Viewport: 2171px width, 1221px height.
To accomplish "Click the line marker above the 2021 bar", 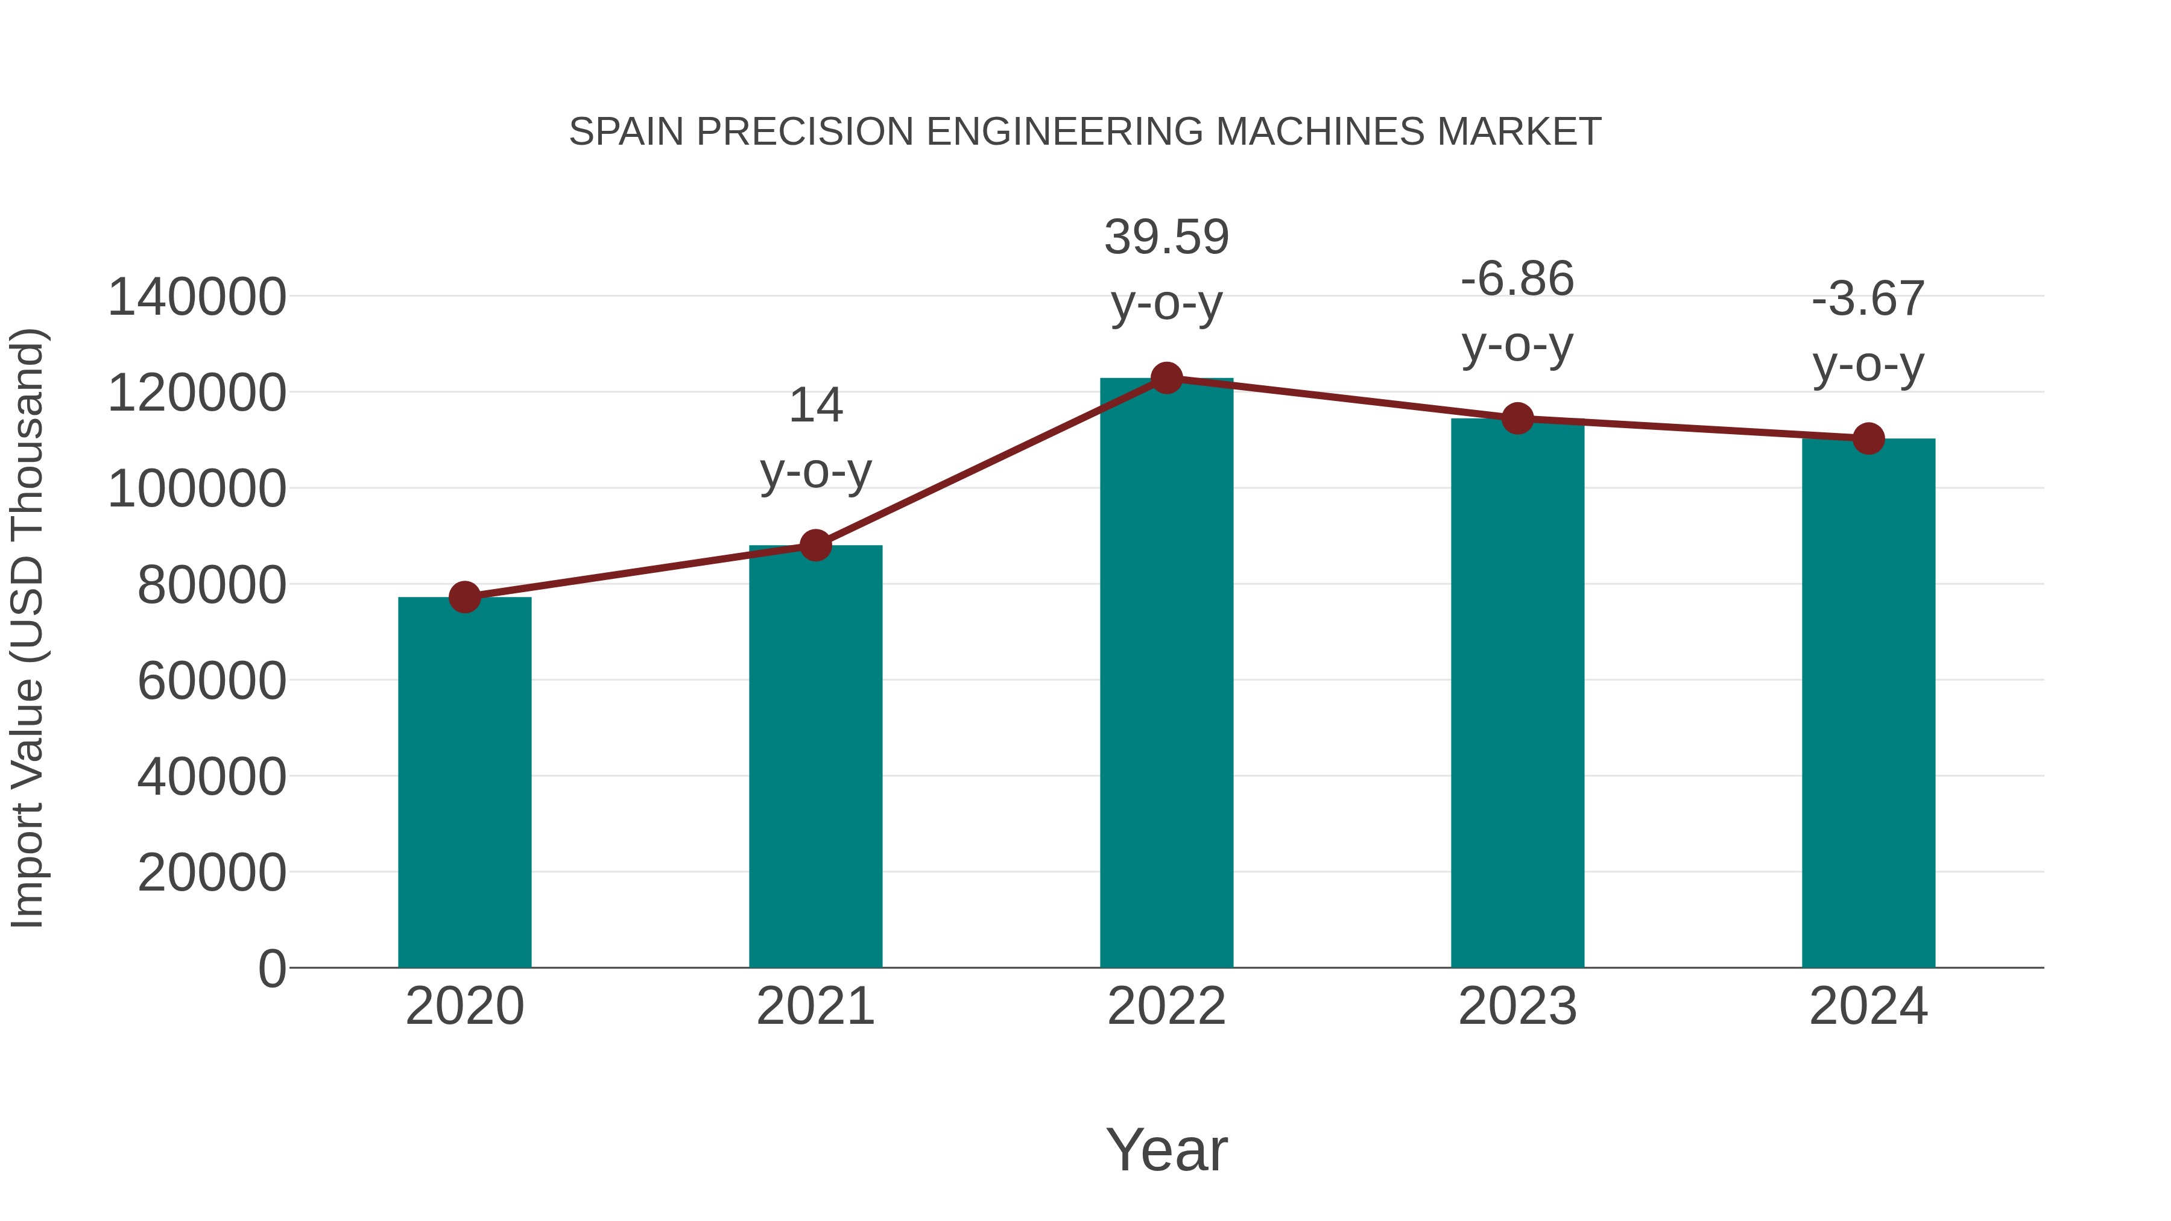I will click(815, 545).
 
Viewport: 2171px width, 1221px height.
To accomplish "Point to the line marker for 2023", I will click(1517, 418).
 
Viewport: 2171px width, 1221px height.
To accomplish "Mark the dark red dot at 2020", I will click(464, 598).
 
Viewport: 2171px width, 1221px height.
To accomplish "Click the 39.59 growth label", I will click(1166, 238).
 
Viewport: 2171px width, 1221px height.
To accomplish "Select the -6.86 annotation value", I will click(1517, 279).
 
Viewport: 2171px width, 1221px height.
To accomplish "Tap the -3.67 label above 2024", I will click(1868, 299).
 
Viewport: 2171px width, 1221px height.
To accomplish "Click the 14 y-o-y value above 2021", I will click(815, 406).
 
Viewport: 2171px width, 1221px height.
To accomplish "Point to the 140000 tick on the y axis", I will click(197, 297).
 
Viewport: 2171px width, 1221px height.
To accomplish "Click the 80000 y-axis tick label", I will click(212, 585).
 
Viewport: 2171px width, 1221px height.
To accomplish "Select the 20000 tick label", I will click(212, 873).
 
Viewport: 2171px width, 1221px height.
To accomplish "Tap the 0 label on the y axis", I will click(271, 969).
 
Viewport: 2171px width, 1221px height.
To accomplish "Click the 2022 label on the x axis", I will click(1166, 1007).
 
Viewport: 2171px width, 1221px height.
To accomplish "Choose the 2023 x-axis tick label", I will click(1517, 1007).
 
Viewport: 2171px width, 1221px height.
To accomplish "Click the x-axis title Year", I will click(1166, 1150).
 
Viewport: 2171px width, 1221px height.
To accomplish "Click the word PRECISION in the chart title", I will click(805, 132).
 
